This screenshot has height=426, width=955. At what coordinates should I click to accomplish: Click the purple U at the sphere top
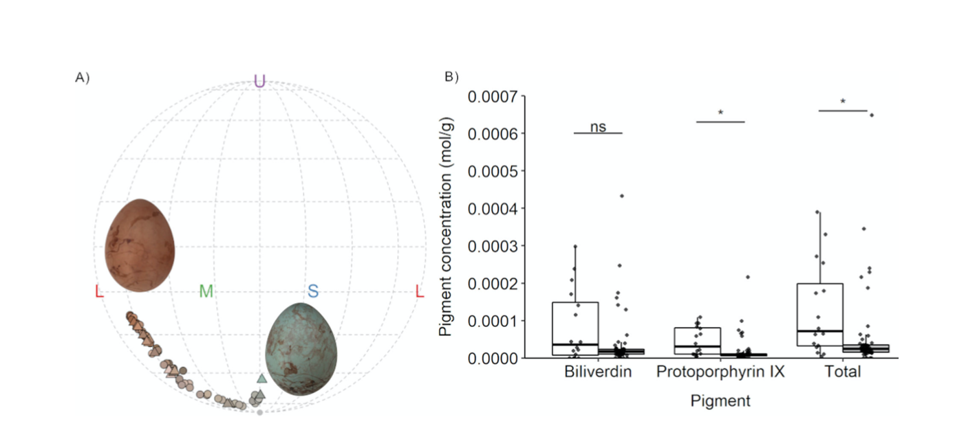tap(259, 81)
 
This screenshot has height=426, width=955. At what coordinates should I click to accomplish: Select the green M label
tap(206, 291)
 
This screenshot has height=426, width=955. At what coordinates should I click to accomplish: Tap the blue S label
tap(313, 291)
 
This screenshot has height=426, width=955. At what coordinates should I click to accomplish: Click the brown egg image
tap(140, 245)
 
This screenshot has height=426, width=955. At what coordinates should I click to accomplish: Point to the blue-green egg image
tap(301, 349)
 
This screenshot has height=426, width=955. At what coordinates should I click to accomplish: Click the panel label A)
tap(83, 78)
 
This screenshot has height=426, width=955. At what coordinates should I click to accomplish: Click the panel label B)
tap(451, 76)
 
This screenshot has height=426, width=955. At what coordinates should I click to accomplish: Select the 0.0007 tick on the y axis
tap(493, 97)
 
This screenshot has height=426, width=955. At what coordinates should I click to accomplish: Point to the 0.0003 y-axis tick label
tap(493, 247)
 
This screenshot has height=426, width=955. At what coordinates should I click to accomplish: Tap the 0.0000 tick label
tap(493, 359)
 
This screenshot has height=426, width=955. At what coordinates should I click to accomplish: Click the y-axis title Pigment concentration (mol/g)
tap(446, 227)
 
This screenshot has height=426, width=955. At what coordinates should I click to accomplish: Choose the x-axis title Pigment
tap(720, 401)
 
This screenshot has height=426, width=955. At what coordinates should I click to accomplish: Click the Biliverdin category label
tap(598, 372)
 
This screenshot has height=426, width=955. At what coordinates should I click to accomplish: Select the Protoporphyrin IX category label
tap(720, 372)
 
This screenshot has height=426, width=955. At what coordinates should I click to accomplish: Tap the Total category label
tap(843, 372)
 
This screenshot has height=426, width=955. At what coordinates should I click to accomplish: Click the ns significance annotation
tap(598, 126)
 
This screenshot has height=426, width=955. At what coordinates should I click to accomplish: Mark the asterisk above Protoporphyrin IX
tap(720, 113)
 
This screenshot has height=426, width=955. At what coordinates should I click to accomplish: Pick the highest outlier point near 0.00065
tap(872, 115)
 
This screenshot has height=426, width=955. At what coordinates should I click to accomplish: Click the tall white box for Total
tap(820, 315)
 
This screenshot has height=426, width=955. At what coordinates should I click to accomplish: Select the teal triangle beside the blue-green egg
tap(261, 378)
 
